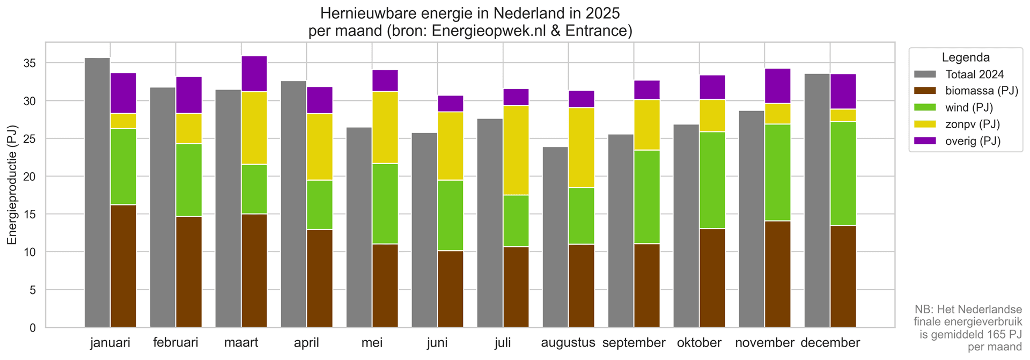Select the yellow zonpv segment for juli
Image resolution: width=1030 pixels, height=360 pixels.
(x=516, y=150)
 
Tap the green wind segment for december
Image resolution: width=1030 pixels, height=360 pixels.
(x=843, y=173)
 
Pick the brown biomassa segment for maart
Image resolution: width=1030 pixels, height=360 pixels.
(x=254, y=270)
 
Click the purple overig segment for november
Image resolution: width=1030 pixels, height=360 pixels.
(x=778, y=86)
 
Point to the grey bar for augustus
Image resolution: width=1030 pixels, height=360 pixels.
(x=555, y=237)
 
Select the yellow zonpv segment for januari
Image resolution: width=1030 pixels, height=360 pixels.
(x=123, y=121)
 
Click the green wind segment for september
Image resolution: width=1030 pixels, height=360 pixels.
(x=647, y=197)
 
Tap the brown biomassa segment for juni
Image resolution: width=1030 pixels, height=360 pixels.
(x=451, y=289)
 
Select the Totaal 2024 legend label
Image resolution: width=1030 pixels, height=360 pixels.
(x=974, y=74)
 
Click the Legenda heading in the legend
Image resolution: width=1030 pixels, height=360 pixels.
(x=966, y=57)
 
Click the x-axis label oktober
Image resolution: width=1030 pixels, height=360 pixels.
(x=699, y=342)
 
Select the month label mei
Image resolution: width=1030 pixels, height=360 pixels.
(x=372, y=342)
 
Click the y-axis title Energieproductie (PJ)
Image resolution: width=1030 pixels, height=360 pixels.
(x=12, y=185)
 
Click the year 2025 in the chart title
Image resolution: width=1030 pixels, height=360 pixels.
(x=602, y=13)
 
